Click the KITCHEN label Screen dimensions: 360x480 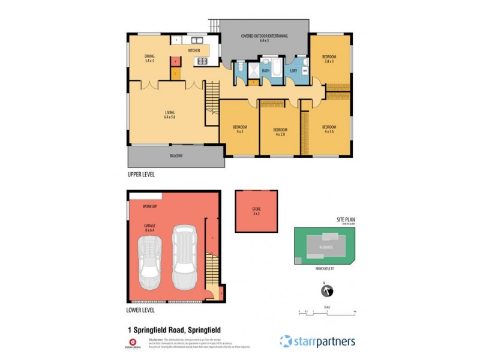(x=194, y=50)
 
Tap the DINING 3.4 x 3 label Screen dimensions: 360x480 (x=149, y=58)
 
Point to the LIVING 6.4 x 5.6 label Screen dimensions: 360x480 (x=170, y=115)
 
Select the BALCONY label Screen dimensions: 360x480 (x=176, y=156)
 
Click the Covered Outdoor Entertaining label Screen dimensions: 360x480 (x=265, y=38)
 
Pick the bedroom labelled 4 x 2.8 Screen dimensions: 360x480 (x=280, y=132)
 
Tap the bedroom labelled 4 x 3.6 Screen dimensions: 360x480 (x=329, y=129)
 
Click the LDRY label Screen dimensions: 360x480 (x=293, y=71)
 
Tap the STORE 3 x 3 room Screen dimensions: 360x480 (x=256, y=211)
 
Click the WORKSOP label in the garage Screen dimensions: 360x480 (x=150, y=206)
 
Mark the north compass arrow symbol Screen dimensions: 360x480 (x=327, y=291)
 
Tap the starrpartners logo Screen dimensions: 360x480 (x=317, y=341)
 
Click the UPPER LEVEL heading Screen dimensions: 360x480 (x=142, y=175)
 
